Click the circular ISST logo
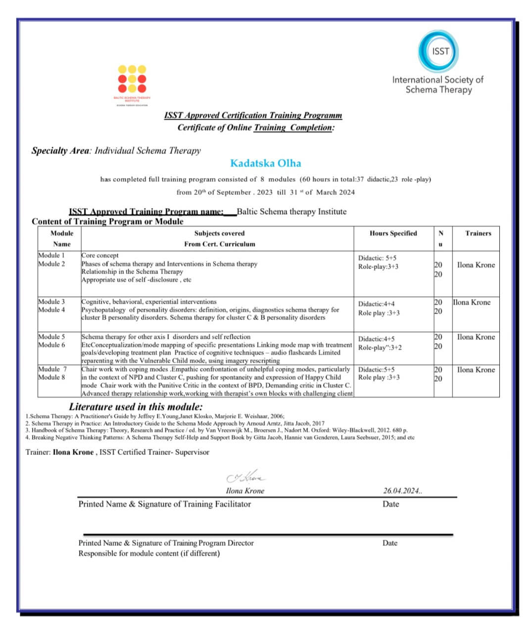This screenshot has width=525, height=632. (438, 51)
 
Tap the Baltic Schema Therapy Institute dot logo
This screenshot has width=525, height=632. (132, 79)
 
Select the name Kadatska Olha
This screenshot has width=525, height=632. (266, 163)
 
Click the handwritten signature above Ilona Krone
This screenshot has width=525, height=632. (245, 478)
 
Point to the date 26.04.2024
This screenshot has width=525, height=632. (402, 491)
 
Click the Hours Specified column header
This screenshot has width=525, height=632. (393, 233)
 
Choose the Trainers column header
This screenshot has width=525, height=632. (478, 233)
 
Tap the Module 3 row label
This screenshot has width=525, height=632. (51, 302)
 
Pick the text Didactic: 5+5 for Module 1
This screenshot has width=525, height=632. (377, 258)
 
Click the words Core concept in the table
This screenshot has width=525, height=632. (100, 256)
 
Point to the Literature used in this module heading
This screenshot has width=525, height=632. (136, 407)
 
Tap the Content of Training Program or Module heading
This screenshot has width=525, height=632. (107, 222)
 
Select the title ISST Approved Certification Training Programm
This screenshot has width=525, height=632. (253, 115)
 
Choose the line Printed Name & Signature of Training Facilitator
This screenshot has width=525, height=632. (164, 504)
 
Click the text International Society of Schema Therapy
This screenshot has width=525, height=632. (438, 85)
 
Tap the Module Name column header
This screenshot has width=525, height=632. (62, 238)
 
